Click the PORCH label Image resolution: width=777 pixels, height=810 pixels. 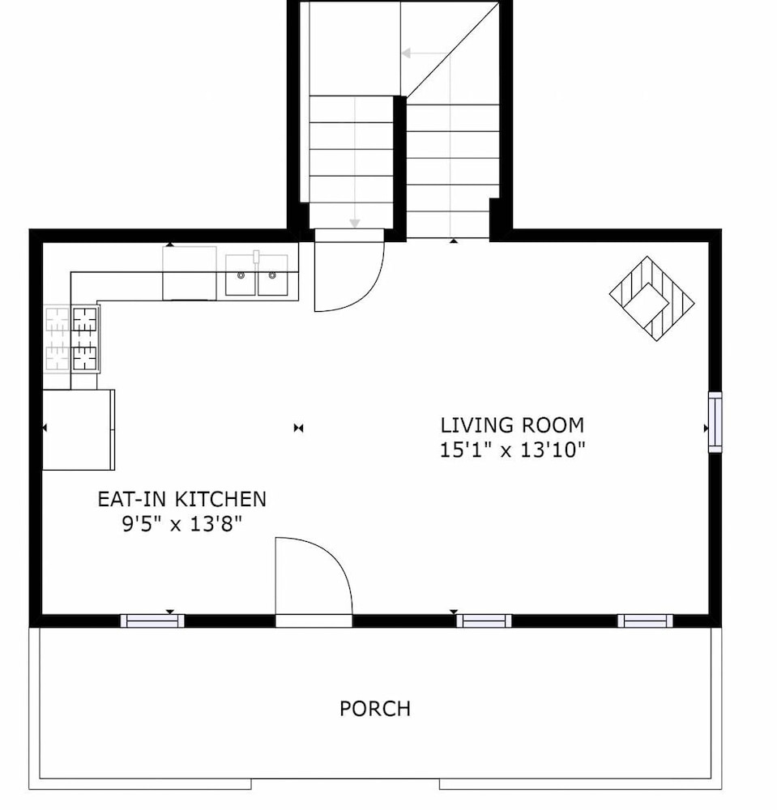click(x=375, y=708)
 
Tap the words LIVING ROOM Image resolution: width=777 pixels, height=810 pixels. click(x=512, y=425)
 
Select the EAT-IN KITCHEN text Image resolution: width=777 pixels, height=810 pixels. click(x=181, y=499)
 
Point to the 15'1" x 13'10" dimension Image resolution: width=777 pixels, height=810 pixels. click(x=512, y=450)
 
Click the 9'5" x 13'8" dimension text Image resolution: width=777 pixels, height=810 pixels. click(x=181, y=524)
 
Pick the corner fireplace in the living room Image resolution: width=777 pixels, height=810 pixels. click(x=652, y=298)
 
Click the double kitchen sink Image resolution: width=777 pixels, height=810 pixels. click(x=257, y=275)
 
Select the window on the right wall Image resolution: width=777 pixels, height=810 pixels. click(x=715, y=422)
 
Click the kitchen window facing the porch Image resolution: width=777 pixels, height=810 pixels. click(x=152, y=620)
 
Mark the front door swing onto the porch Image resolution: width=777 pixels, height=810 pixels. click(x=314, y=576)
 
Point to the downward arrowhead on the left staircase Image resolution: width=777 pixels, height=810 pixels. click(x=354, y=224)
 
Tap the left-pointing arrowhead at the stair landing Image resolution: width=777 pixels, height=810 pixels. click(x=407, y=53)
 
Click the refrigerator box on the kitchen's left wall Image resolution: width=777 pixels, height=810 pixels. click(x=79, y=430)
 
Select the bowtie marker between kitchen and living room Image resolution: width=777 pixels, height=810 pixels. click(x=299, y=428)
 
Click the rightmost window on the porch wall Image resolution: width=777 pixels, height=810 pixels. click(x=645, y=620)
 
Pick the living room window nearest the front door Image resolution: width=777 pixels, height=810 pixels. click(x=484, y=620)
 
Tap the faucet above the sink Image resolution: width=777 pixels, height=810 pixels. click(x=256, y=258)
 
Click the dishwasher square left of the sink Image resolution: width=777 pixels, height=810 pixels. click(x=190, y=273)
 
